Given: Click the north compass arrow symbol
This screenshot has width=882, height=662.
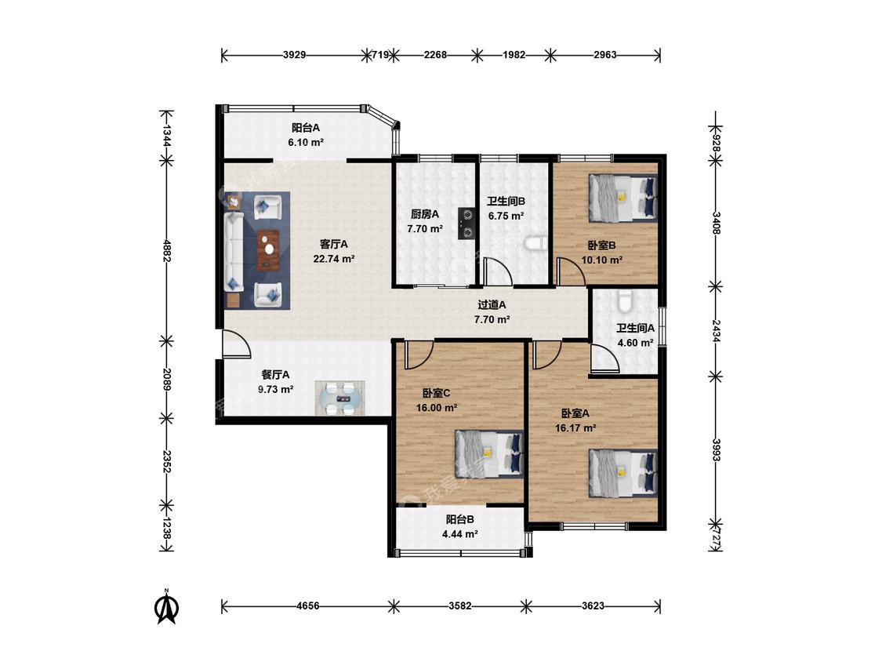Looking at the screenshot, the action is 167,607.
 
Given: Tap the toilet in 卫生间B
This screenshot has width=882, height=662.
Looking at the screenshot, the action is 535,242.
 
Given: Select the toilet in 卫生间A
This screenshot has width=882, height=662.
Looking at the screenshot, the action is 626,301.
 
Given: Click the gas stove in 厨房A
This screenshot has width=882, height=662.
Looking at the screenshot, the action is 466,224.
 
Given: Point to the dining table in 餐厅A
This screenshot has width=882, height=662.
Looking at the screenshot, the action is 339,398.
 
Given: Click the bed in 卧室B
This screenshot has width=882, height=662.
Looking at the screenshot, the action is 622,196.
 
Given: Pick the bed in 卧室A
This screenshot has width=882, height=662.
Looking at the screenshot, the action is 622,473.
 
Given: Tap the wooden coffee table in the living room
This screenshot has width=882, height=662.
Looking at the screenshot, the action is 268,249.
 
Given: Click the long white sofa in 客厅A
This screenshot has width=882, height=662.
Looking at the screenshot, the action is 234,252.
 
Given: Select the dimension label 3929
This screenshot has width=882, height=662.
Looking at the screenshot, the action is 294,55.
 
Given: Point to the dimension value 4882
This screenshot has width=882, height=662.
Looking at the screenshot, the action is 166,250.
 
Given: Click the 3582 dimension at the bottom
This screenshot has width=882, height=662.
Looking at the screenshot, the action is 460,606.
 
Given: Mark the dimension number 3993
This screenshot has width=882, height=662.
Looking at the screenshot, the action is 716,449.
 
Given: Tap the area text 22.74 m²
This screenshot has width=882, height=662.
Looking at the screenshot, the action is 333,259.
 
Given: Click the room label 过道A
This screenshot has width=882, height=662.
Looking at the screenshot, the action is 492,304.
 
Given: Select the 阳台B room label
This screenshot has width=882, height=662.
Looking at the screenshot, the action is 459,519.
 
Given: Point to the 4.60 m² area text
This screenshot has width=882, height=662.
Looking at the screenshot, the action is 635,342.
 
